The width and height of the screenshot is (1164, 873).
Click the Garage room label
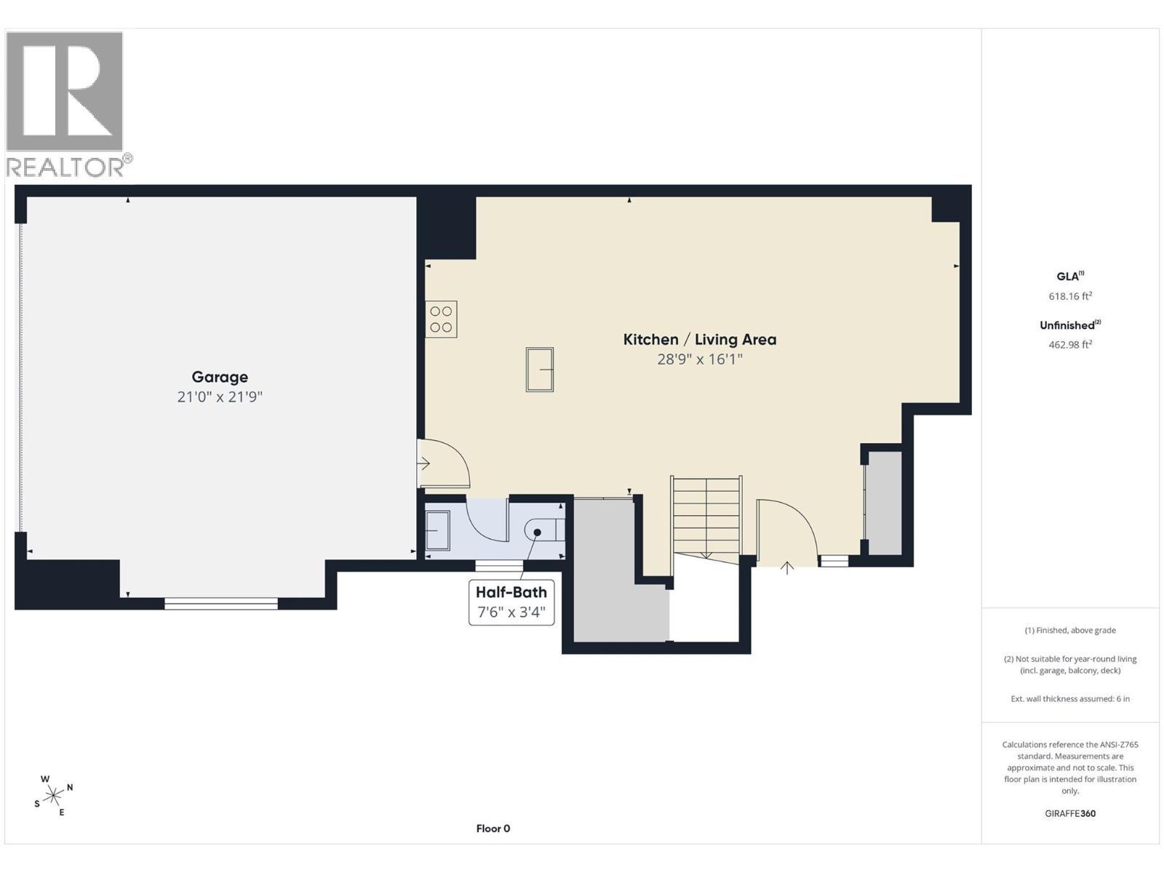point(220,377)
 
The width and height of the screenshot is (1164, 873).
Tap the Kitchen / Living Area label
point(699,339)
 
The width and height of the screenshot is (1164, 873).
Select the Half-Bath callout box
point(511,602)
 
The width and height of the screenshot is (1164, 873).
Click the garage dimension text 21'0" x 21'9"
point(220,396)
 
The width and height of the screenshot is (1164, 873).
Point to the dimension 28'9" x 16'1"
point(699,359)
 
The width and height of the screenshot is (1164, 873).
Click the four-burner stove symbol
point(441,319)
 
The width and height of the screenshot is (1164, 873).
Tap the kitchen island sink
point(539,370)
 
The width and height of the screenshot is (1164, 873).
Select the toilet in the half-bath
point(544,530)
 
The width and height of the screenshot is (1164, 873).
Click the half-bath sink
point(437,530)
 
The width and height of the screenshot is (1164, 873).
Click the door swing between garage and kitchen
point(443,463)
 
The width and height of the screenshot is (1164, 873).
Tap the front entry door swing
point(787,532)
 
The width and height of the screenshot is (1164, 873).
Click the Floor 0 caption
point(493,828)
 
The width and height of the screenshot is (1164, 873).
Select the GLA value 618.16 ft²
point(1070,296)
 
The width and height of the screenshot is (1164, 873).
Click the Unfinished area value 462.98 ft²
point(1070,344)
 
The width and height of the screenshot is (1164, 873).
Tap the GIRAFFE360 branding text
point(1070,813)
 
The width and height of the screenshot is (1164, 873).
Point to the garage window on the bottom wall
point(221,603)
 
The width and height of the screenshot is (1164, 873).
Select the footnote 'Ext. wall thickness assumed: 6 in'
point(1070,698)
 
